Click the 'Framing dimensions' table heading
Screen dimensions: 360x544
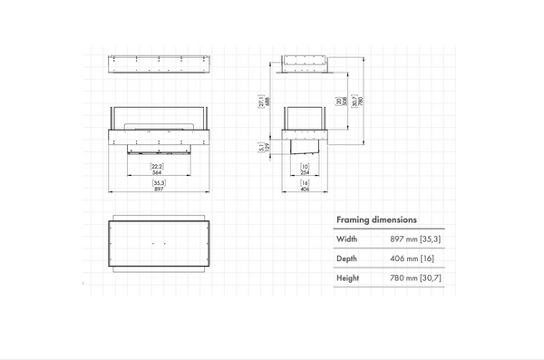pos(376,219)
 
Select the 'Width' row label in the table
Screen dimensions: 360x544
pos(347,239)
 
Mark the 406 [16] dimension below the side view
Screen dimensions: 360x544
pos(304,187)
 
